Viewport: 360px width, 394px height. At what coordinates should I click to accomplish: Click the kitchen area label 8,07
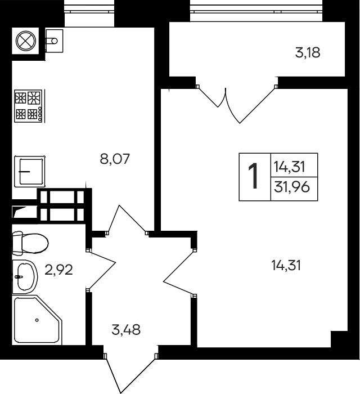coord(115,159)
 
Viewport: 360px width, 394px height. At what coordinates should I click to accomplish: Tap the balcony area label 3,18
coord(308,53)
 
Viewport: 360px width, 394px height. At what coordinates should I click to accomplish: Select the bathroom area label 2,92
coord(58,270)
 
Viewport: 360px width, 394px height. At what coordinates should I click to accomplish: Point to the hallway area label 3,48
coord(126,329)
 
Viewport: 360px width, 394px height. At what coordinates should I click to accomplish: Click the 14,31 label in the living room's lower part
coord(286,265)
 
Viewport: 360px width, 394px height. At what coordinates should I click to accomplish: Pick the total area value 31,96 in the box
coord(292,187)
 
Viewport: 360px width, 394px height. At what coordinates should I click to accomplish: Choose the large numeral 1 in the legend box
coord(254,176)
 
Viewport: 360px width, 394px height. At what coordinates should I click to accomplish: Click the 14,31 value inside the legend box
coord(289,167)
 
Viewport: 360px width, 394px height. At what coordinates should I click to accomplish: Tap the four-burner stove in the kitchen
coord(28,106)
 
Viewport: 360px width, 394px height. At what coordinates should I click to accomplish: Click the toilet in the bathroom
coord(30,243)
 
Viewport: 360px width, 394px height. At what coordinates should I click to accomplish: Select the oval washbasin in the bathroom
coord(25,277)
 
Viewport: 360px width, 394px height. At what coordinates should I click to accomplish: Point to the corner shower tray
coord(38,320)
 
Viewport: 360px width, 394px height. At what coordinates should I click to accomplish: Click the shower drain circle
coord(37,320)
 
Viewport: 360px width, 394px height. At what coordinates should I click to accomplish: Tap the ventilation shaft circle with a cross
coord(26,41)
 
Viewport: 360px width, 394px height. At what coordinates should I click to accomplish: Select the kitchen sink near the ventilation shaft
coord(54,41)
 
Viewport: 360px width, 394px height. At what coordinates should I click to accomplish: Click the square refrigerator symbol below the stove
coord(30,172)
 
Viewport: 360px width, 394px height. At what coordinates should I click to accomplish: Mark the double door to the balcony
coord(236,104)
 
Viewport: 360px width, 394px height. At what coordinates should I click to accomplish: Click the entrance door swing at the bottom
coord(130,373)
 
